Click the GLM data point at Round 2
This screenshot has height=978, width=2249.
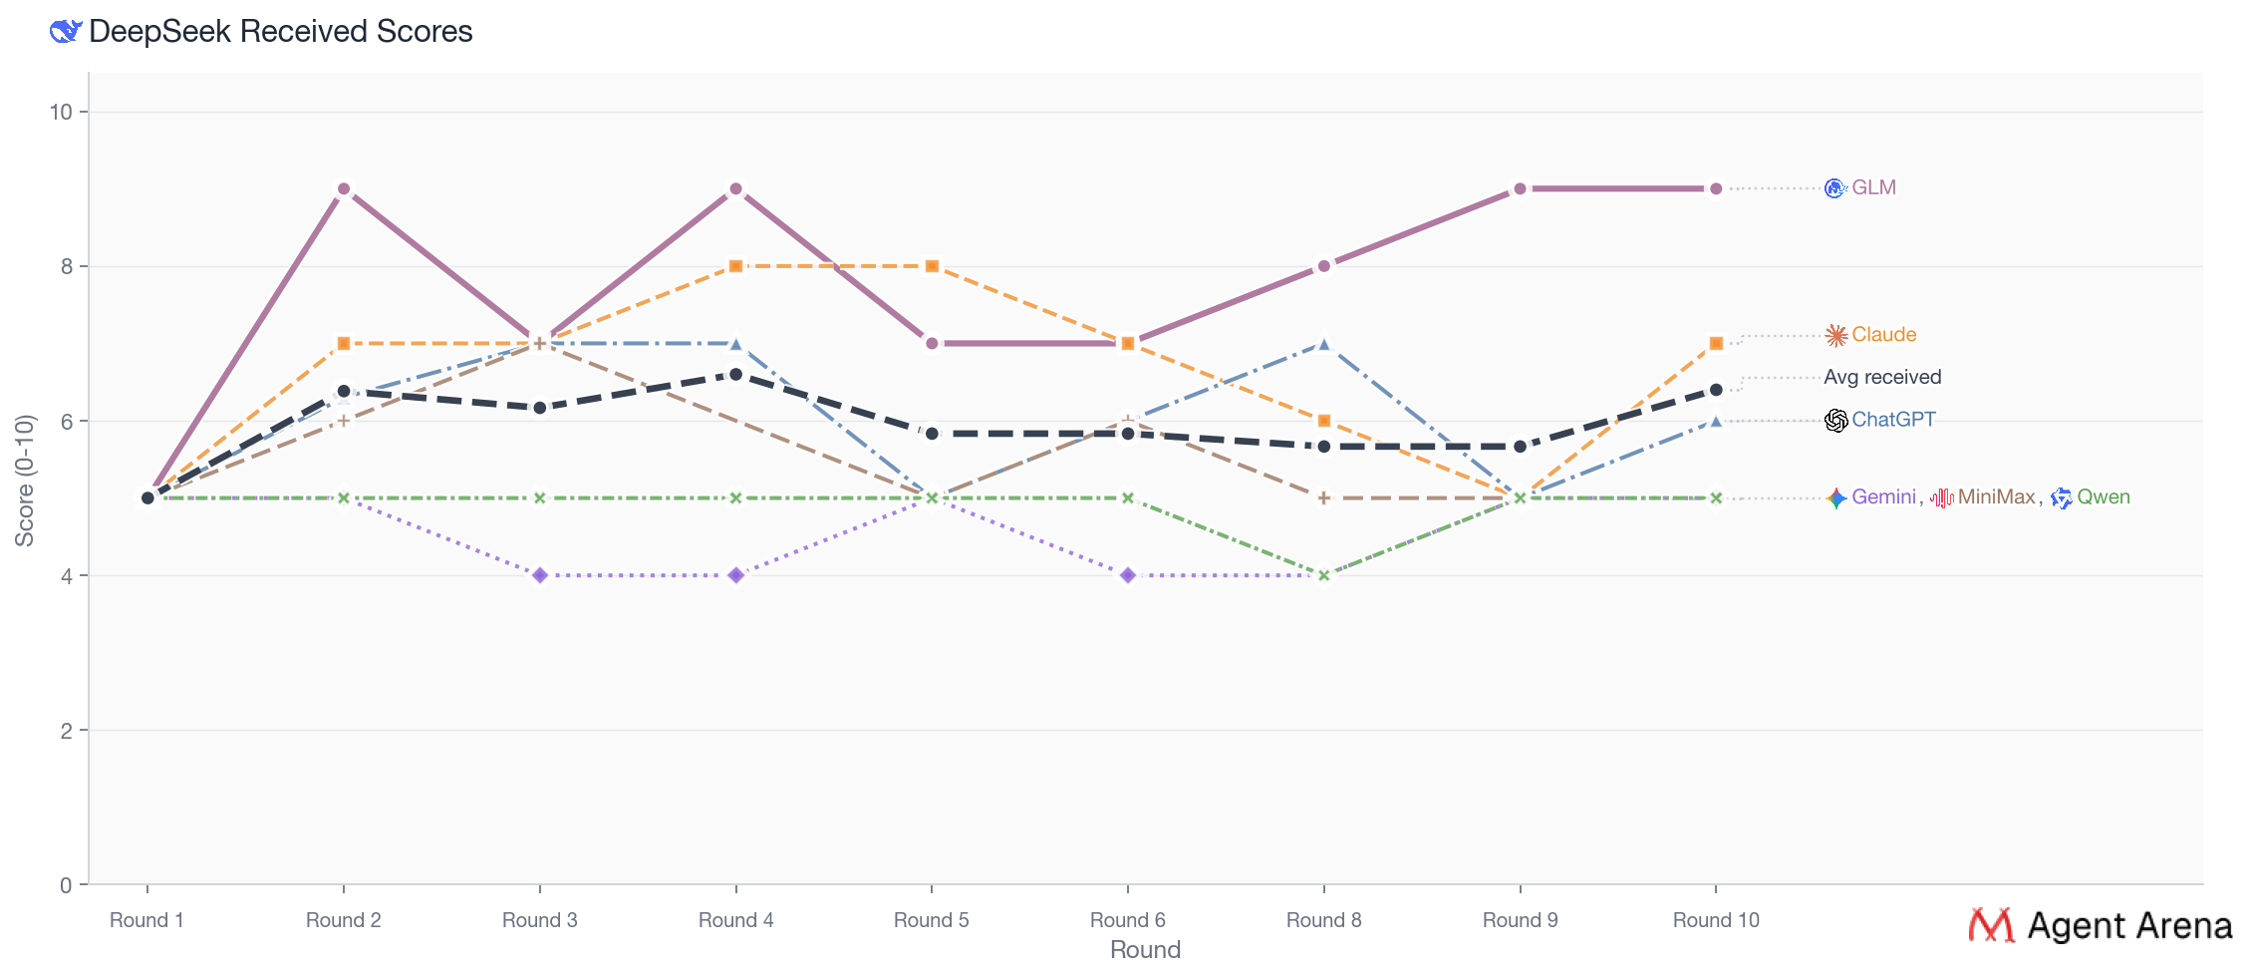(344, 189)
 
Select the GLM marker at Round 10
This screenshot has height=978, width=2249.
(1716, 189)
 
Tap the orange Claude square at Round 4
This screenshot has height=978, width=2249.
(735, 266)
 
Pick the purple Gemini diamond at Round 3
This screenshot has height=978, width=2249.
(540, 575)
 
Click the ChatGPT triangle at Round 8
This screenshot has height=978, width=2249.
(1323, 344)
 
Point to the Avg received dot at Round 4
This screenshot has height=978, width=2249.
(735, 375)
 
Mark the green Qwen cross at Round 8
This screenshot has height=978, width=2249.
(1323, 575)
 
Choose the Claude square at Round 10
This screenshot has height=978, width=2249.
(1716, 344)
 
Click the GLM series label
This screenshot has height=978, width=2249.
(1873, 188)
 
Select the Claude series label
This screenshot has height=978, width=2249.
(1883, 335)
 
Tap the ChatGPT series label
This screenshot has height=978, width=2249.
(1893, 420)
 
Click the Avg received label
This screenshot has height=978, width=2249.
(1882, 377)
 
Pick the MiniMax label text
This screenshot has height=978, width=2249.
(1996, 497)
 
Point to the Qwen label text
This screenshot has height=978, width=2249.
(2103, 497)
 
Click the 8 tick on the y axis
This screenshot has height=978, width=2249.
(66, 266)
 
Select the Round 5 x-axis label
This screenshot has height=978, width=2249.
(931, 920)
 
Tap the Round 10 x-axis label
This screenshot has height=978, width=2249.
(1716, 920)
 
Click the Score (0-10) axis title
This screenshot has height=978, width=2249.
(25, 481)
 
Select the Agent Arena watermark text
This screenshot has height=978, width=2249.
(2129, 926)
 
